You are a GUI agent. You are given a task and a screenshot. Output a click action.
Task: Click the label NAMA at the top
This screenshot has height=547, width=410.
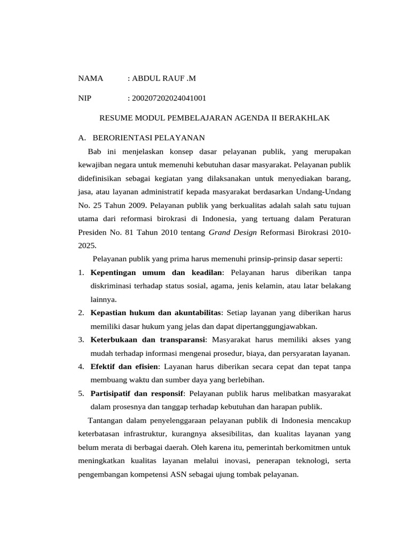[x=90, y=79]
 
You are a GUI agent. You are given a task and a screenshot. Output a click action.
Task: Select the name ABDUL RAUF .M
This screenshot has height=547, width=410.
[x=162, y=79]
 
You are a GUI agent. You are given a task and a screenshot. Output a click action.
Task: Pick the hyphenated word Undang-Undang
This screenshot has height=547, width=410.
[x=326, y=191]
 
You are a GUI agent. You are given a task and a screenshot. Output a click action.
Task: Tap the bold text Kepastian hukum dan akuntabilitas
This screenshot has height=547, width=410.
[x=155, y=312]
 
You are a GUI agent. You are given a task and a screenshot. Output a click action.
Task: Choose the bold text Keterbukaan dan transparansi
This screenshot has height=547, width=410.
[x=148, y=340]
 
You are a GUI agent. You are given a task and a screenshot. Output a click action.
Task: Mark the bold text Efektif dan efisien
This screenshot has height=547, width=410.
[x=124, y=366]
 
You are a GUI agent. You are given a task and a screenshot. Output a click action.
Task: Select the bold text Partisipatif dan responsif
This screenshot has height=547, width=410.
[x=137, y=393]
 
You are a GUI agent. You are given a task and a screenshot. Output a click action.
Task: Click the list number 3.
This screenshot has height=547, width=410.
[x=81, y=340]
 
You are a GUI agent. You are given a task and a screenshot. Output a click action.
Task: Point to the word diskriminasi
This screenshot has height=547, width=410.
[x=111, y=286]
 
